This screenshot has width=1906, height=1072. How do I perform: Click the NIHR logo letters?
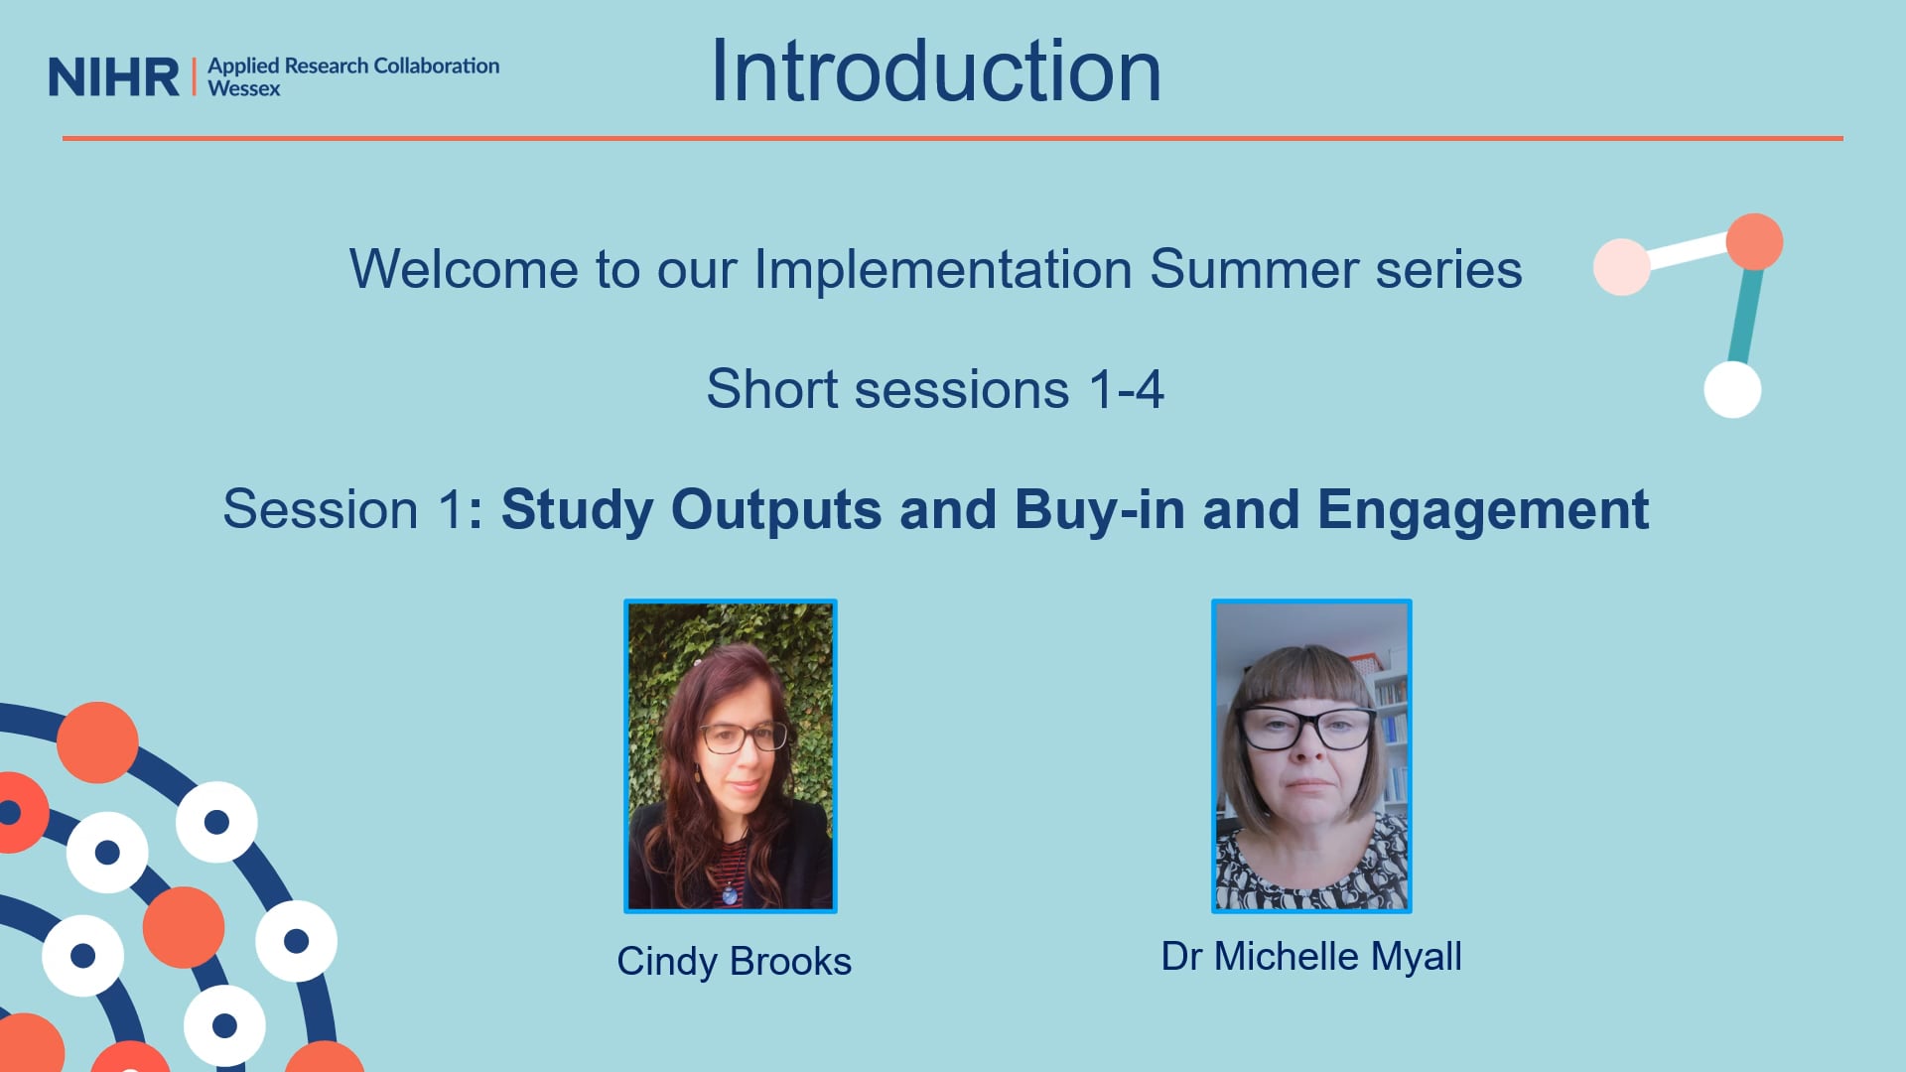[x=114, y=77]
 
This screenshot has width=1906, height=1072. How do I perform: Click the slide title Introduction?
[x=936, y=70]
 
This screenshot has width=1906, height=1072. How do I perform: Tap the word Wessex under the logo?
[x=244, y=88]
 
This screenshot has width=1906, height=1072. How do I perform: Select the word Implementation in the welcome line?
[x=943, y=270]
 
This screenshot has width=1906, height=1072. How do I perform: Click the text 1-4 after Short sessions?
[x=1127, y=389]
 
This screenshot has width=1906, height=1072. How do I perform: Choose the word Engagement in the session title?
[x=1483, y=511]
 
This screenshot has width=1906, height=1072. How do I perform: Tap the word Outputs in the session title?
[x=776, y=511]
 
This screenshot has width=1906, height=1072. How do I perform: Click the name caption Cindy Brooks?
[x=735, y=962]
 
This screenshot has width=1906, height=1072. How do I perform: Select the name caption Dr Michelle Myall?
[x=1311, y=957]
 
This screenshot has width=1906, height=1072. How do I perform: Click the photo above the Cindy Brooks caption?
[x=731, y=756]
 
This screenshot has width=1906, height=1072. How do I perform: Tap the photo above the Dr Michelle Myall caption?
[x=1311, y=756]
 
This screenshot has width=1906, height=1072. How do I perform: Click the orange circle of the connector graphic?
[x=1754, y=242]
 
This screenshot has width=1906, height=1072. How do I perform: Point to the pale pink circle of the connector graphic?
[x=1622, y=267]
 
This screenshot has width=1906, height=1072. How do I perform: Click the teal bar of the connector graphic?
[x=1745, y=315]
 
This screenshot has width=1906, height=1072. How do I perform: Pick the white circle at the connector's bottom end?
[x=1732, y=389]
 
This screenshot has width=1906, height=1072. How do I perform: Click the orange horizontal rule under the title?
[x=953, y=138]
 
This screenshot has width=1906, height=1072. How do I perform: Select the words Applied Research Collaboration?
[x=353, y=67]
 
